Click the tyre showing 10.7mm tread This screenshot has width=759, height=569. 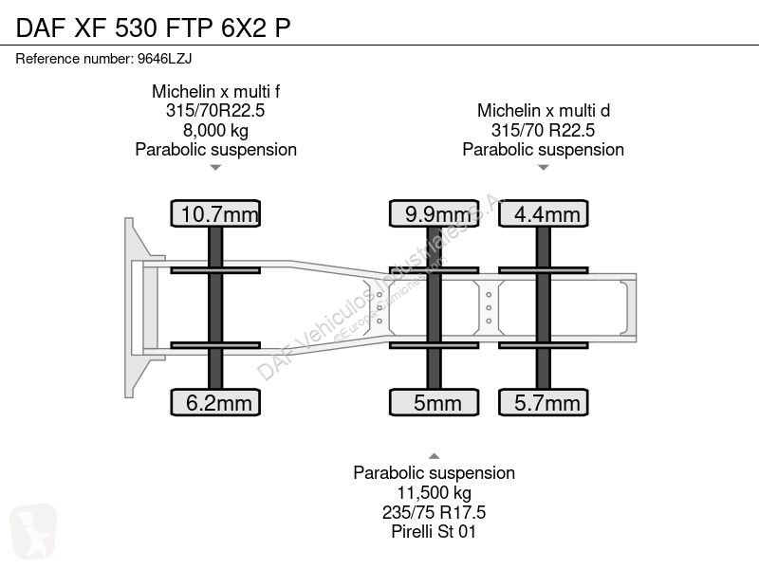click(x=215, y=213)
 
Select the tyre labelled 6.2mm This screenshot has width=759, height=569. click(x=215, y=402)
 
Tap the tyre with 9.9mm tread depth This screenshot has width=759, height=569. click(x=435, y=213)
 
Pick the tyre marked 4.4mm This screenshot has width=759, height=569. click(x=543, y=213)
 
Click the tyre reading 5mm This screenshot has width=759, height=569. click(x=435, y=402)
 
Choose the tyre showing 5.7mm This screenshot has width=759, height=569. click(x=543, y=402)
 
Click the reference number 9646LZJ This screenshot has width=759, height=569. click(x=164, y=59)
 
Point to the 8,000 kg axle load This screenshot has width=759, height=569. click(x=215, y=130)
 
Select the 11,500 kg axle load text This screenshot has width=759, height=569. click(x=435, y=492)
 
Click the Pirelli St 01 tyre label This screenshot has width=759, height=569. click(x=434, y=531)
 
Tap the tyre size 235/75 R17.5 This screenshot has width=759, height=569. click(x=434, y=512)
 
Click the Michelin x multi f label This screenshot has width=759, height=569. click(x=216, y=91)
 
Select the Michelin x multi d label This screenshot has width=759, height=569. click(x=543, y=110)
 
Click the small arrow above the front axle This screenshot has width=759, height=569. click(x=215, y=168)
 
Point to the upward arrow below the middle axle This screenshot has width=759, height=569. click(x=435, y=456)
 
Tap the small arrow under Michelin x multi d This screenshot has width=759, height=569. click(x=543, y=168)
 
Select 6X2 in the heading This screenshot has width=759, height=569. click(x=244, y=28)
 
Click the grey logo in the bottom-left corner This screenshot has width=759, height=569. click(x=33, y=531)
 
